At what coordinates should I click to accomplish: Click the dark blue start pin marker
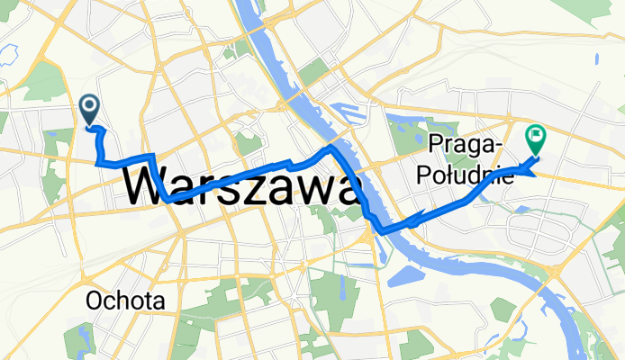coord(91,109)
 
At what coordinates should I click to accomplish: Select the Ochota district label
coord(126,300)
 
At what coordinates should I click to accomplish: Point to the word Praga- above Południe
coord(466,146)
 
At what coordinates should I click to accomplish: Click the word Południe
coord(465,175)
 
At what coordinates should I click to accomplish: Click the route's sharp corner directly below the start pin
coord(97,162)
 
